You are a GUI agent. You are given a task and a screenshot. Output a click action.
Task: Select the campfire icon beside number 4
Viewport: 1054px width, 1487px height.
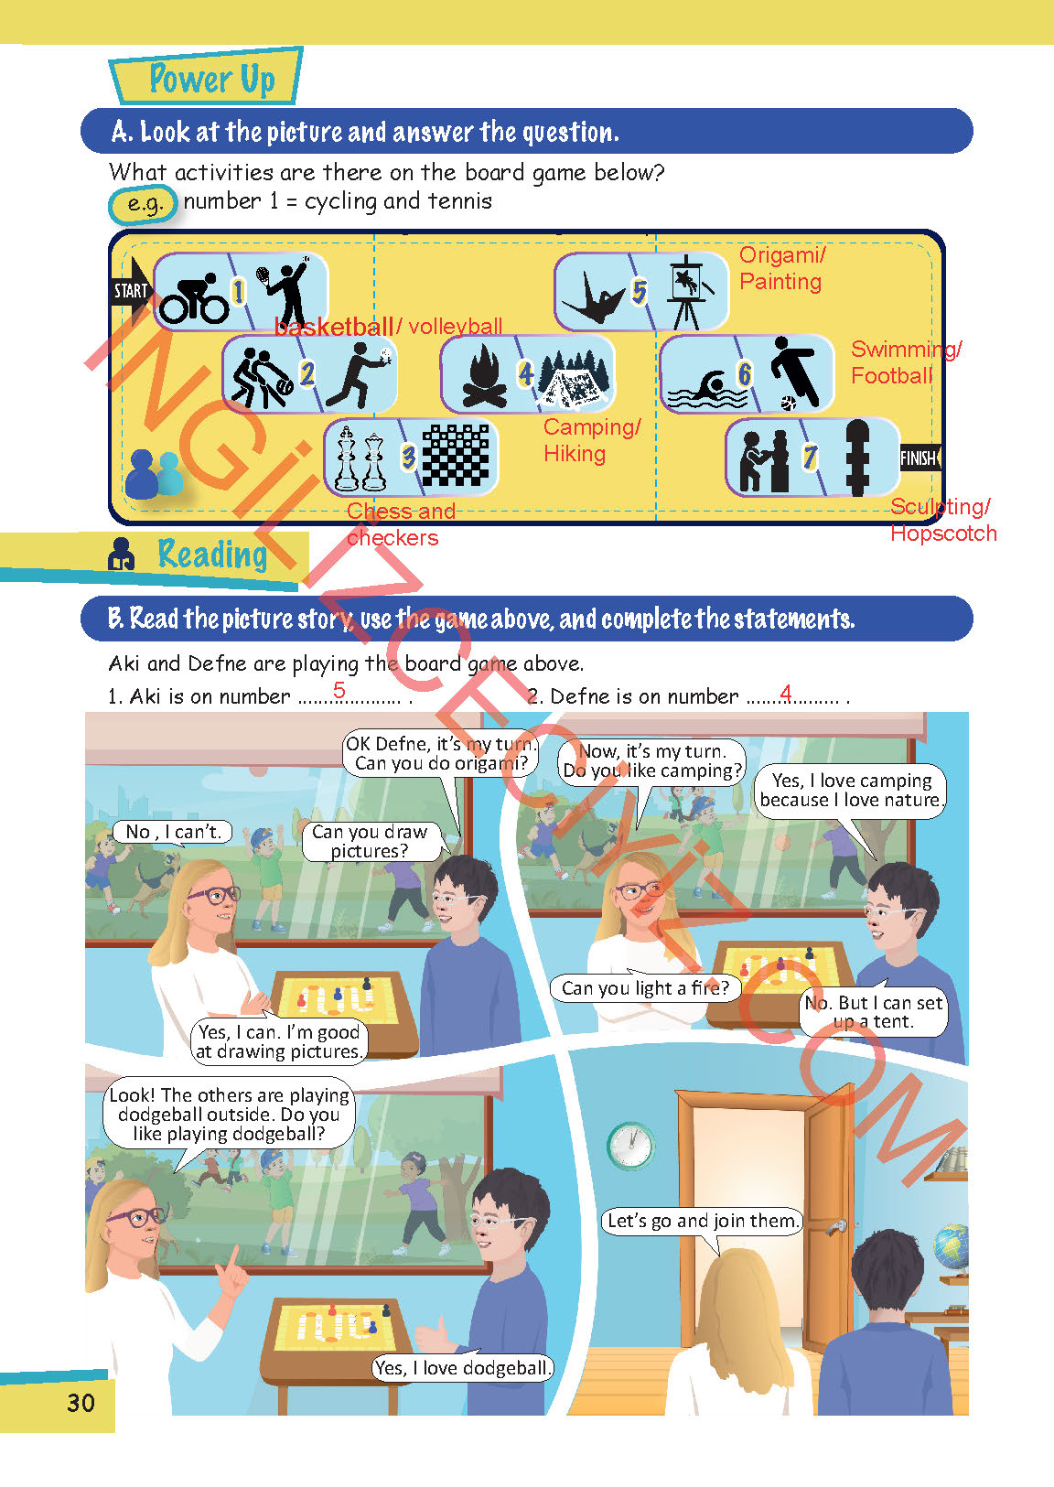pyautogui.click(x=485, y=376)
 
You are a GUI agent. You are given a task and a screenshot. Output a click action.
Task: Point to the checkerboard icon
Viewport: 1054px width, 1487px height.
pyautogui.click(x=456, y=456)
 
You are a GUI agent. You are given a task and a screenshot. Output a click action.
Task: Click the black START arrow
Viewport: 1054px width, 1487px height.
pyautogui.click(x=133, y=291)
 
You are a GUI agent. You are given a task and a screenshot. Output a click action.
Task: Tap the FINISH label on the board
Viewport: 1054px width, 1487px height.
pyautogui.click(x=920, y=458)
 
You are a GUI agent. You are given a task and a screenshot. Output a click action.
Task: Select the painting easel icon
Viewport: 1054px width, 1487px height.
pyautogui.click(x=689, y=292)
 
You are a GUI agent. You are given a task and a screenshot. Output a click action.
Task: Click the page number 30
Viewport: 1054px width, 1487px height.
pyautogui.click(x=81, y=1403)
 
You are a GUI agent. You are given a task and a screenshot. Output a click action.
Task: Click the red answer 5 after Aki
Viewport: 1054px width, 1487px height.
pyautogui.click(x=339, y=690)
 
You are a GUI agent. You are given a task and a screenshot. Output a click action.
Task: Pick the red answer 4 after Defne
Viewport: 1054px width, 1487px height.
pyautogui.click(x=786, y=693)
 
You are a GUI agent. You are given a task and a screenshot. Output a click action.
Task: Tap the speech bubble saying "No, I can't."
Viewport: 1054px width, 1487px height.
pyautogui.click(x=173, y=832)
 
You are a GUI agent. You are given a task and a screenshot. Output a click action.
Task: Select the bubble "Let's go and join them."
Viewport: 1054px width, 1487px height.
pyautogui.click(x=703, y=1221)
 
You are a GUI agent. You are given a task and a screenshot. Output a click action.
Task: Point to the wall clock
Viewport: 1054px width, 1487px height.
pyautogui.click(x=630, y=1145)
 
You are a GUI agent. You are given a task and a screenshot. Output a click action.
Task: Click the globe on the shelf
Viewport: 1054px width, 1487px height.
pyautogui.click(x=952, y=1249)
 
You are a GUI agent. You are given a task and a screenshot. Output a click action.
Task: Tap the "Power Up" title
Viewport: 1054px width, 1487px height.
pyautogui.click(x=211, y=79)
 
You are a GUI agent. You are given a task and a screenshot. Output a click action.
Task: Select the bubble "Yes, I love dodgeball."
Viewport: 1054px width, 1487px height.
pyautogui.click(x=462, y=1367)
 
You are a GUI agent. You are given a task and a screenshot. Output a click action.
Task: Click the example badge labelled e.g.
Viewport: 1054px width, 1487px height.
pyautogui.click(x=144, y=203)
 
